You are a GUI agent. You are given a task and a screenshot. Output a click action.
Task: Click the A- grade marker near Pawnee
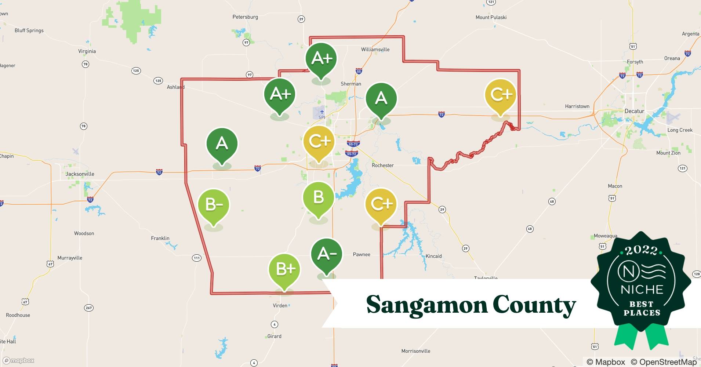tap(326, 254)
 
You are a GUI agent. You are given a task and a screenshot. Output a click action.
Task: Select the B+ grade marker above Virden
tap(284, 269)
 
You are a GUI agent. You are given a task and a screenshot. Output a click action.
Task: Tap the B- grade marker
tap(214, 204)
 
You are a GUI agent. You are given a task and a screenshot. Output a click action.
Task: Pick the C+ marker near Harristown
tap(500, 95)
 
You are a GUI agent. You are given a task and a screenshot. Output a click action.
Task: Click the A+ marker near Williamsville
tap(321, 58)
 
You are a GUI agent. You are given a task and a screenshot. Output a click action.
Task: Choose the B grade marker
tap(318, 197)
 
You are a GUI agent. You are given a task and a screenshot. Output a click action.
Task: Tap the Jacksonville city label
tap(80, 174)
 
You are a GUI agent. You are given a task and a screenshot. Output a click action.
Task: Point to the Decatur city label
tap(634, 111)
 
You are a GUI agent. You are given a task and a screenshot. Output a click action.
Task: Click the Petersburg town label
tap(245, 17)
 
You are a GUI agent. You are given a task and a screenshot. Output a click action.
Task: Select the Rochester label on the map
tap(382, 166)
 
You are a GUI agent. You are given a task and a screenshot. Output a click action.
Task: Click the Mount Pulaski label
tap(491, 17)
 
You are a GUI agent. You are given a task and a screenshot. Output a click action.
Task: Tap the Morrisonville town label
tap(415, 351)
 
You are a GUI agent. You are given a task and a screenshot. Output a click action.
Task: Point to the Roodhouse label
tap(18, 315)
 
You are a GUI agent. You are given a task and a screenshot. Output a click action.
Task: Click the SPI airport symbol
tap(322, 112)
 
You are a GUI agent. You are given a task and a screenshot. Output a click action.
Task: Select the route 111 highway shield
tap(197, 258)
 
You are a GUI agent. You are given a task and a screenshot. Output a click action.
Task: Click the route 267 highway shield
tap(89, 308)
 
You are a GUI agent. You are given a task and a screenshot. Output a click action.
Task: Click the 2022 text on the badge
tap(641, 251)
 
